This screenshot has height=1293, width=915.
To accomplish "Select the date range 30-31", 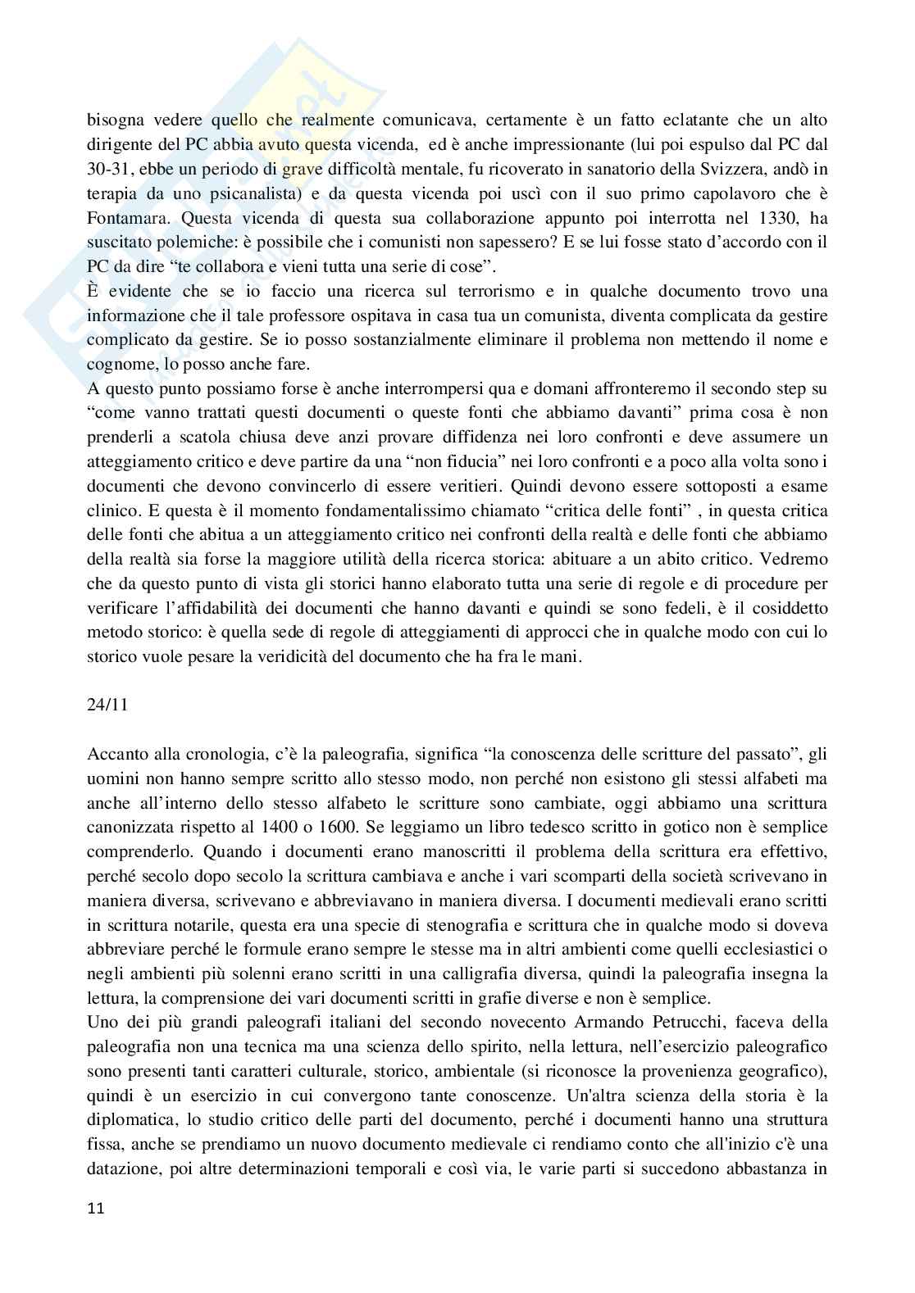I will pyautogui.click(x=107, y=169).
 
